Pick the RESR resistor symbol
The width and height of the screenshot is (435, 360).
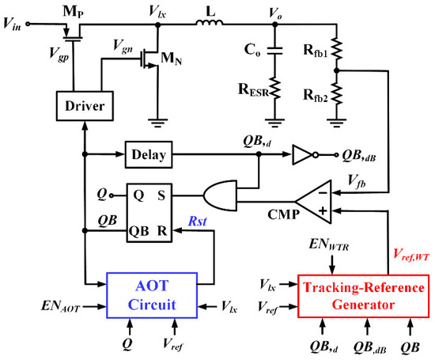[x=275, y=91]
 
